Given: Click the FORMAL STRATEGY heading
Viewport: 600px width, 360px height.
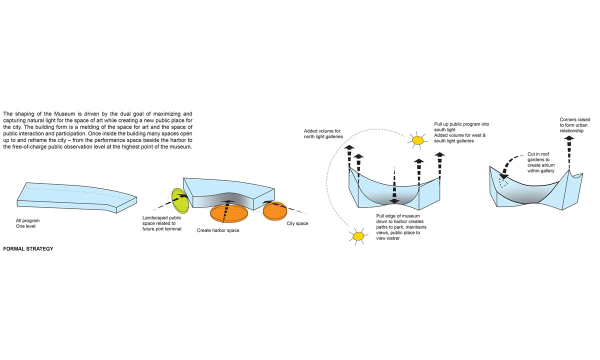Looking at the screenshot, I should click(x=28, y=248).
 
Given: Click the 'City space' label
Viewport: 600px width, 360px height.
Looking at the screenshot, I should click(x=297, y=223).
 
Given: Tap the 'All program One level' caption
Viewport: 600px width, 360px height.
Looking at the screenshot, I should click(x=27, y=223).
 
